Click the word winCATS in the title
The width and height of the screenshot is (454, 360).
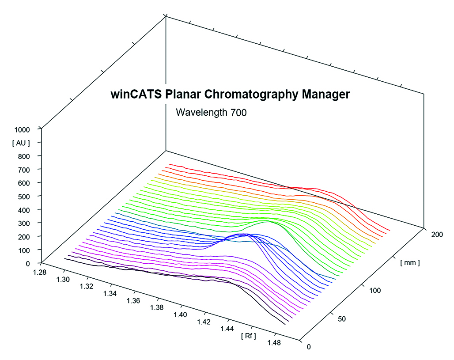[x=131, y=95]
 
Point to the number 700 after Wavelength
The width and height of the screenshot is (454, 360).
[x=238, y=112]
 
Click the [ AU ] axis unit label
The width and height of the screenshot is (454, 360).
[x=22, y=142]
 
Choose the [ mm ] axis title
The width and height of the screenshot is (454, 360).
[x=409, y=263]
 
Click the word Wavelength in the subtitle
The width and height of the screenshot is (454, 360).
[x=202, y=112]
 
